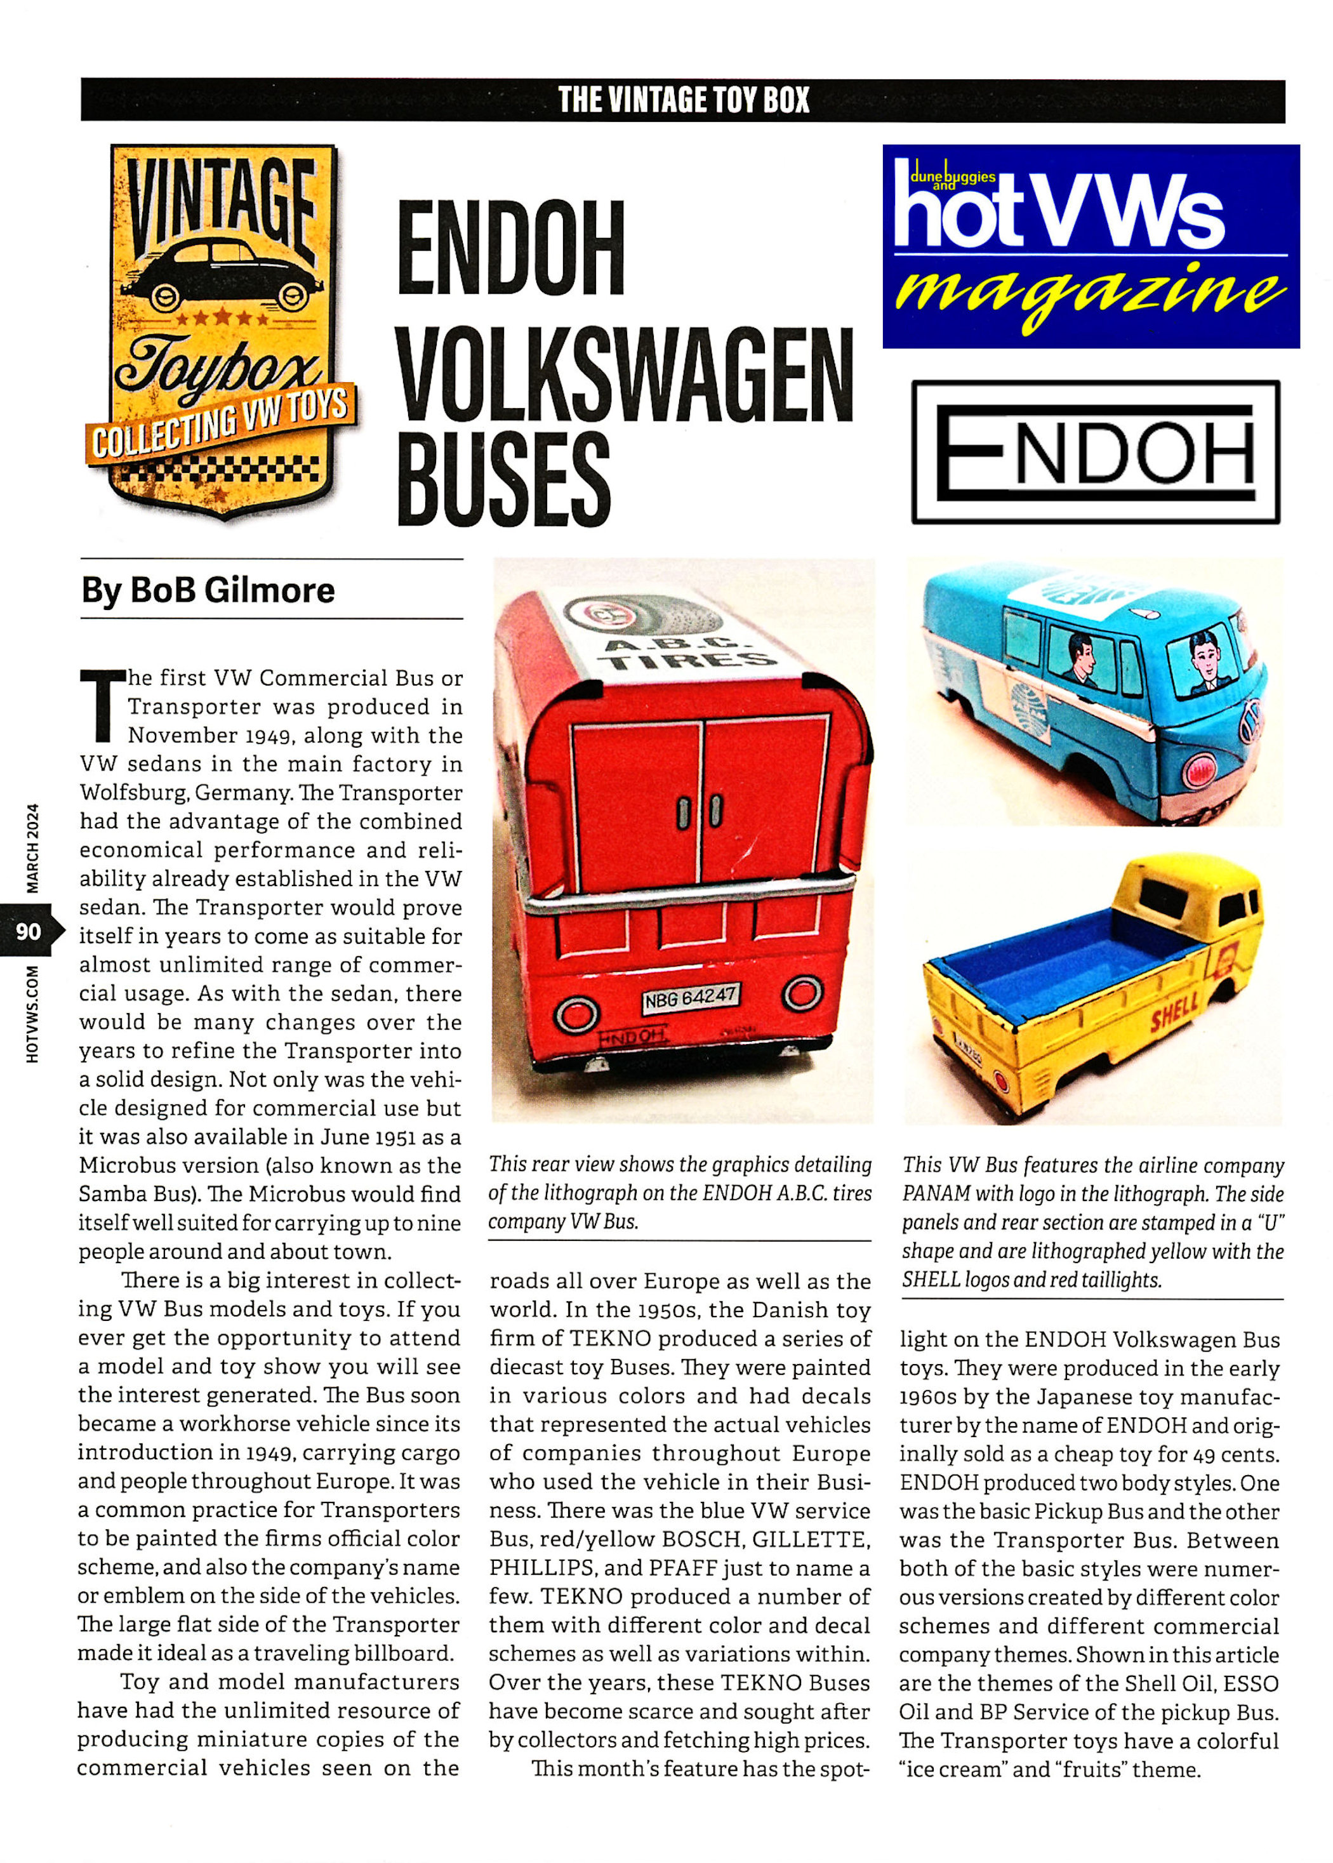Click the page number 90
pos(28,931)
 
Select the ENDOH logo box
pos(1095,451)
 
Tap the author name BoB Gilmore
pos(208,590)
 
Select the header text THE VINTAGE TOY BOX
pos(683,100)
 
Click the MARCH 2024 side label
pos(33,847)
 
